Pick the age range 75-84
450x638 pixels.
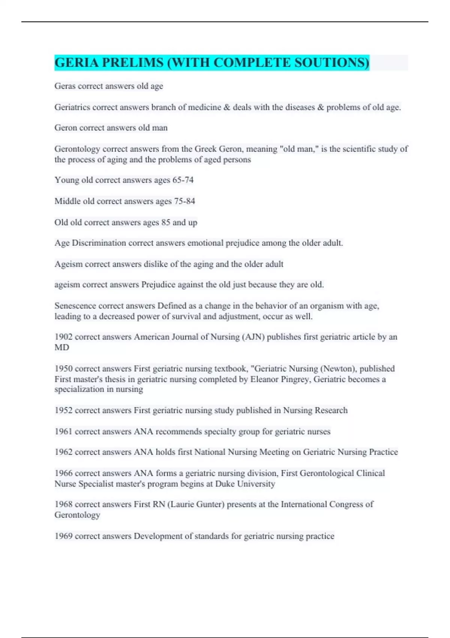point(184,201)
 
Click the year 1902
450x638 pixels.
point(63,337)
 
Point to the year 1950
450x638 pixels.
point(63,369)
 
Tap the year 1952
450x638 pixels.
point(63,410)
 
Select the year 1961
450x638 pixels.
point(63,431)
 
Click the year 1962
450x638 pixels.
point(63,452)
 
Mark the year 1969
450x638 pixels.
point(63,536)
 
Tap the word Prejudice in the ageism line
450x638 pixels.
point(159,284)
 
